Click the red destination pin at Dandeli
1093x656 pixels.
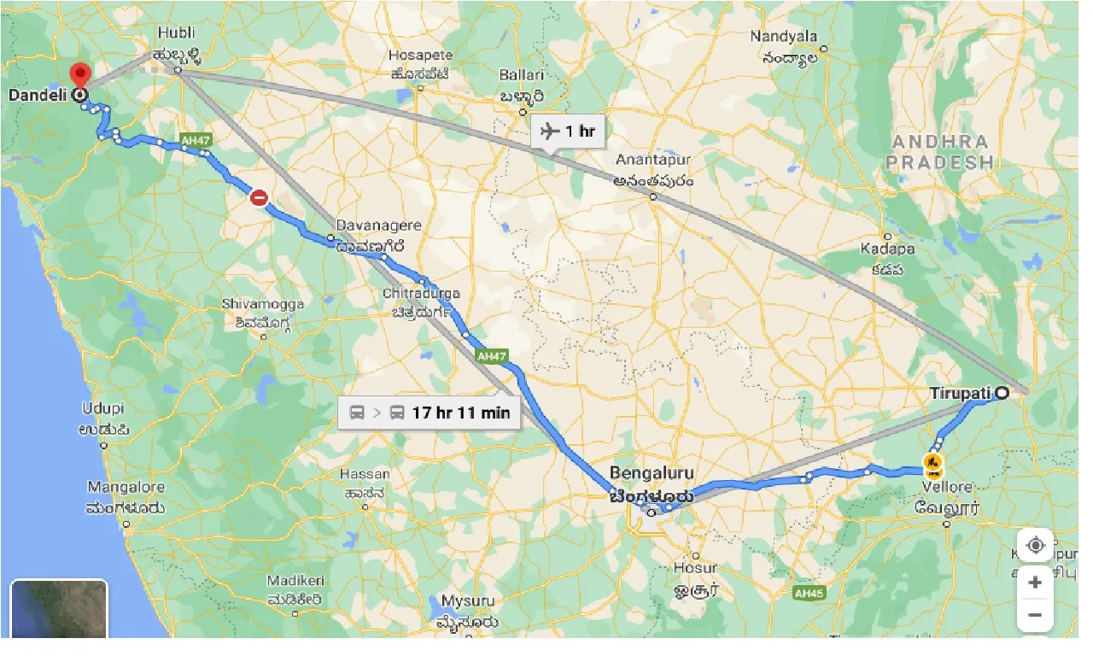coord(81,75)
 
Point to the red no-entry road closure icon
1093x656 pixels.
coord(259,198)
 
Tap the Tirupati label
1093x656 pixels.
coord(960,394)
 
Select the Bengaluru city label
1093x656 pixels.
coord(652,474)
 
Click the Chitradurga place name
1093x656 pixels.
coord(421,294)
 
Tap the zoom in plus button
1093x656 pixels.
coord(1035,583)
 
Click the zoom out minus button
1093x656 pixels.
coord(1035,614)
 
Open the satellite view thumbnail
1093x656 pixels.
coord(59,608)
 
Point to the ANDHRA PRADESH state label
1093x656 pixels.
coord(938,152)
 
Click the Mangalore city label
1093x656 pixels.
coord(126,488)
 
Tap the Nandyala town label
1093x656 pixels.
coord(783,37)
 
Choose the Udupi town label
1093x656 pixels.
coord(103,408)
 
